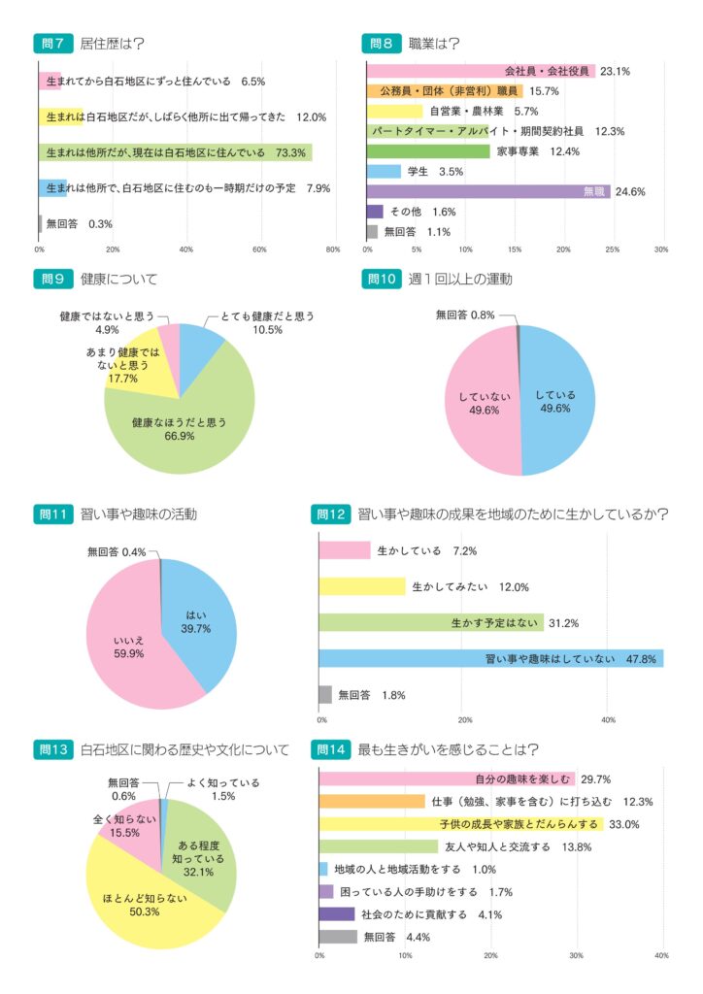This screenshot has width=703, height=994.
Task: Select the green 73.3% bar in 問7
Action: coord(175,152)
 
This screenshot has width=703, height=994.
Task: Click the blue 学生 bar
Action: coord(384,172)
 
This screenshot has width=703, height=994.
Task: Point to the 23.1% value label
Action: coord(616,71)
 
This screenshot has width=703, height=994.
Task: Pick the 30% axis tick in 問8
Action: coord(661,249)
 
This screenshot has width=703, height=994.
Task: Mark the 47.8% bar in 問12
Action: coord(490,659)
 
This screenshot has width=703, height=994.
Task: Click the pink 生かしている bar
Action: coord(345,550)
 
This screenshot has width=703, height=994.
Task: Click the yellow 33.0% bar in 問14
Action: coord(461,824)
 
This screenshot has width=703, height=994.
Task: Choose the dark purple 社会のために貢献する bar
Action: coord(337,914)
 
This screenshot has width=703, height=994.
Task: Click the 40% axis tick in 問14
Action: coord(661,956)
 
